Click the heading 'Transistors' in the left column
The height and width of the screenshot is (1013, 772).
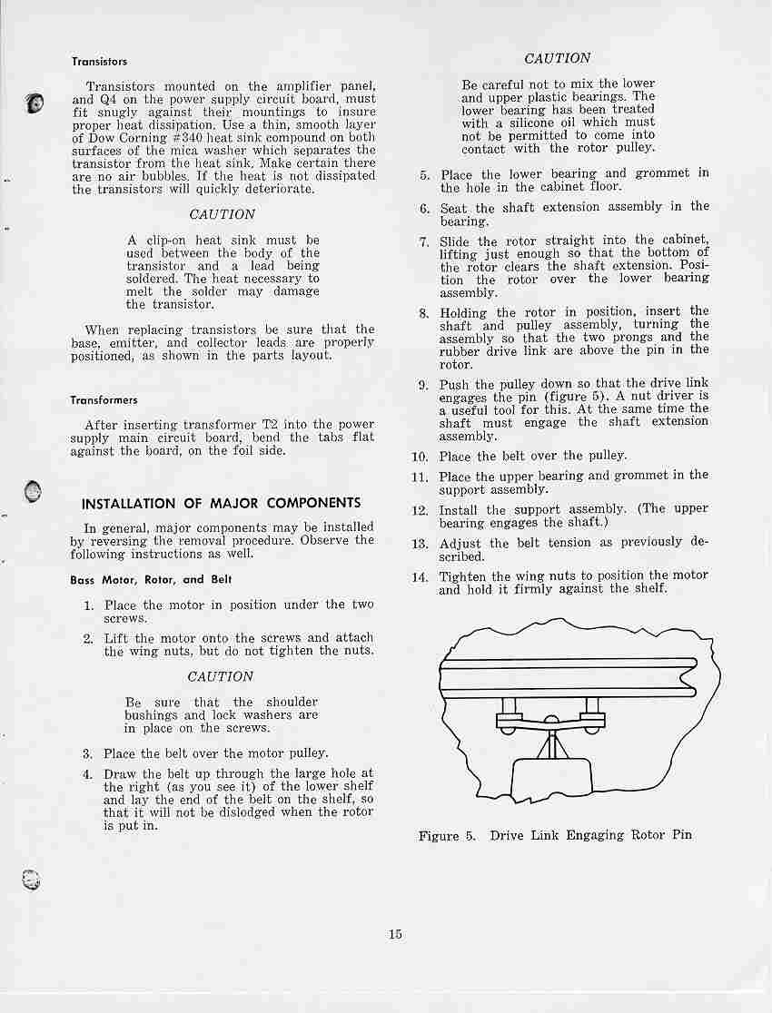click(x=100, y=63)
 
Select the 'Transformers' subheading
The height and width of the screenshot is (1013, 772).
click(x=104, y=400)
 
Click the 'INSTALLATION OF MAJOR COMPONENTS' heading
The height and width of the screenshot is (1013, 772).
click(x=221, y=504)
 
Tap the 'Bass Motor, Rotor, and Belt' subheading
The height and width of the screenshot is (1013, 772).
click(x=151, y=579)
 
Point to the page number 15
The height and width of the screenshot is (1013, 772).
click(x=395, y=934)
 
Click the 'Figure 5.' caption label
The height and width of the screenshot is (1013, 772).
click(x=447, y=835)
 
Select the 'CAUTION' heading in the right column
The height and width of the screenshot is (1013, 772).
click(x=558, y=58)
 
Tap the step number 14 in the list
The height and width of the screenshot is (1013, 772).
click(x=420, y=576)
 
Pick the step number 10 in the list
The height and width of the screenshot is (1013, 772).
click(x=420, y=457)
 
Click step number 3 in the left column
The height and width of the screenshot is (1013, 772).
click(x=88, y=753)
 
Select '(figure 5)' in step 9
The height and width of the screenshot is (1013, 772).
click(x=575, y=398)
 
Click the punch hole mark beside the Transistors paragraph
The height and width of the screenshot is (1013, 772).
click(x=35, y=103)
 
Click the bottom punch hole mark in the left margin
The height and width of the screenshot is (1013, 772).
click(x=32, y=878)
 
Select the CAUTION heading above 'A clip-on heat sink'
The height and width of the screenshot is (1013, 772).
click(x=222, y=215)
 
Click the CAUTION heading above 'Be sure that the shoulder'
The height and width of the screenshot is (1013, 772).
click(x=220, y=677)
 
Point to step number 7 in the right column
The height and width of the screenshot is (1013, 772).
click(x=424, y=242)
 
